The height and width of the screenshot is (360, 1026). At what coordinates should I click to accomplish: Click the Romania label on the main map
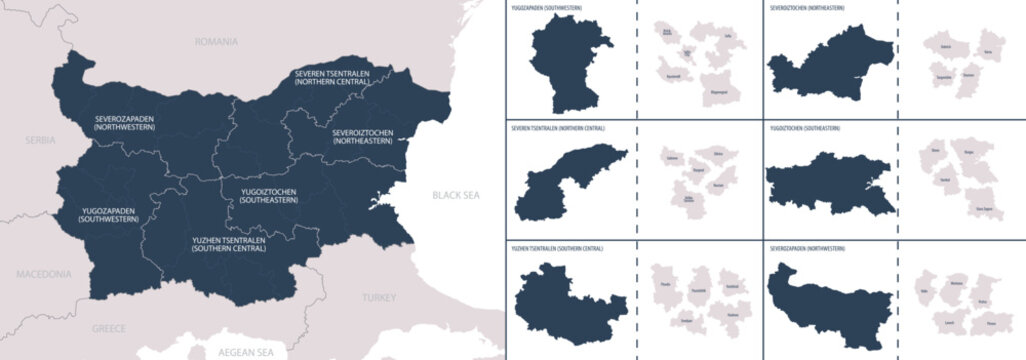coord(217,42)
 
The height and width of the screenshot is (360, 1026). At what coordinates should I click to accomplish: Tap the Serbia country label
coord(39,141)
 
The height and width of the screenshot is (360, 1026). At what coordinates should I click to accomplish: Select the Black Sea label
coord(455,195)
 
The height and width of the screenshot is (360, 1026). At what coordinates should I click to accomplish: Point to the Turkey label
coord(379,297)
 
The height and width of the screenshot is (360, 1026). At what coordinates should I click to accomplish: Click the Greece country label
coord(109,327)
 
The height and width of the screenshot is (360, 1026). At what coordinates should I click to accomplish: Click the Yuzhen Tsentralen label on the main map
coord(228,244)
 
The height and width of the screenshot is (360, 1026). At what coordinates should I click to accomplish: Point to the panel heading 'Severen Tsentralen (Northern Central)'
coord(557,128)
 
